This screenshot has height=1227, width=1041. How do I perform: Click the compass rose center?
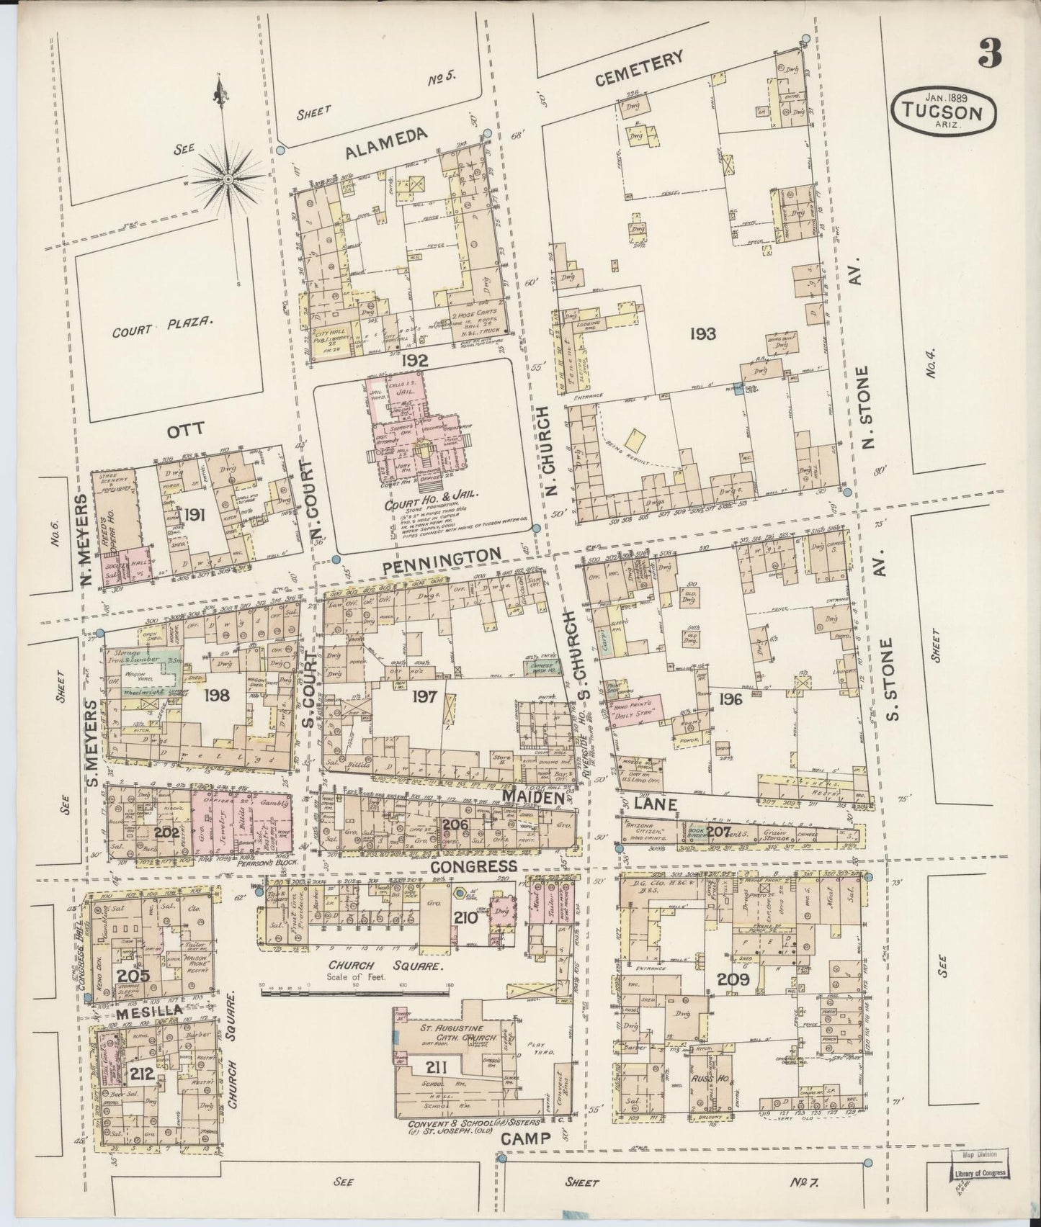click(228, 177)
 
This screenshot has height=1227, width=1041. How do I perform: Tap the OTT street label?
click(187, 430)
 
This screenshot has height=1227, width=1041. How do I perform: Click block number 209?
click(733, 979)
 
